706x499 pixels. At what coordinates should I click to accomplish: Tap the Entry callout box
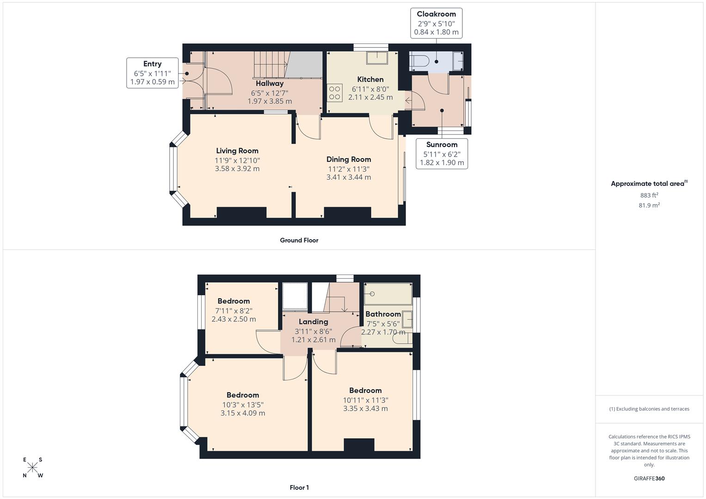click(152, 73)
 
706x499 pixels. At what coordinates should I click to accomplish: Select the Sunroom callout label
click(442, 153)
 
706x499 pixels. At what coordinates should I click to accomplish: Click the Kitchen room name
click(370, 79)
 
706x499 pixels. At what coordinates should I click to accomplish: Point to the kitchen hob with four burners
click(335, 93)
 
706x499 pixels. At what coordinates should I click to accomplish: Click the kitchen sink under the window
click(378, 57)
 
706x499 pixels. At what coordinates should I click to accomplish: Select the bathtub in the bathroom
click(387, 294)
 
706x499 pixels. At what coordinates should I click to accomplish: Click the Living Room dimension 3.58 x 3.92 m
click(237, 169)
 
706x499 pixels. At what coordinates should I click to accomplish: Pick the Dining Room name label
click(349, 159)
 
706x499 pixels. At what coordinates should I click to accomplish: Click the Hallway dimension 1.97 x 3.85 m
click(270, 101)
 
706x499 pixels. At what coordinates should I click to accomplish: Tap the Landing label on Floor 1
click(313, 322)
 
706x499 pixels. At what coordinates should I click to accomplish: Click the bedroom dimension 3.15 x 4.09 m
click(243, 413)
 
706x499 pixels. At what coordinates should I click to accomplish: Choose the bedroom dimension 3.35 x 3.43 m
click(365, 408)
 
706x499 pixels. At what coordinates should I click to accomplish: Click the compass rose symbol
click(33, 468)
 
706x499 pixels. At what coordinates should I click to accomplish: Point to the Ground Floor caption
click(299, 240)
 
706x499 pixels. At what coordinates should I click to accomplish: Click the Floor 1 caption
click(299, 487)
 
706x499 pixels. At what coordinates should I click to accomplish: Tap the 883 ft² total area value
click(649, 195)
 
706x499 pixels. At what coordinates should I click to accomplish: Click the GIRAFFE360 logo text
click(649, 478)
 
